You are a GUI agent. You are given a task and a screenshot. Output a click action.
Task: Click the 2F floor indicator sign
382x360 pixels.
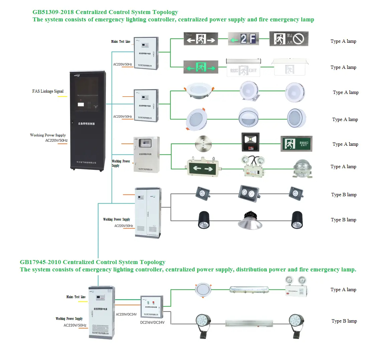pos(243,39)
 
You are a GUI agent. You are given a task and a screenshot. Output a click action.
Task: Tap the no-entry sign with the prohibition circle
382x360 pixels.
pos(289,39)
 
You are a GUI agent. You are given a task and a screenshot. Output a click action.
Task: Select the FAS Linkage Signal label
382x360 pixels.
pos(48,91)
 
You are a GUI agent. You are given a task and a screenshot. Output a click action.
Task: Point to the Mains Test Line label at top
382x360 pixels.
pos(121,41)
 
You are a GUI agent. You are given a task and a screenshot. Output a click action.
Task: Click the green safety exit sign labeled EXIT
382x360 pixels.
pos(296,144)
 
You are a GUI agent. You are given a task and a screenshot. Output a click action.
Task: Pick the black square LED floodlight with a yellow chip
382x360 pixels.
pos(250,142)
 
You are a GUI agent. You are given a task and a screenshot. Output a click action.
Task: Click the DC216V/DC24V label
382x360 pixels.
pos(152,322)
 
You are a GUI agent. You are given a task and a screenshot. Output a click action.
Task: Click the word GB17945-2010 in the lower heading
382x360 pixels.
pos(40,262)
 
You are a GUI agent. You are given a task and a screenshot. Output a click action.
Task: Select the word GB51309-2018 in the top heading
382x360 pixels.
pos(53,12)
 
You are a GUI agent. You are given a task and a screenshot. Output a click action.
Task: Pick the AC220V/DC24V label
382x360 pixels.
pos(126,315)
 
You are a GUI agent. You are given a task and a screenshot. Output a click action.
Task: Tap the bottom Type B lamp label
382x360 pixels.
pos(344,321)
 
